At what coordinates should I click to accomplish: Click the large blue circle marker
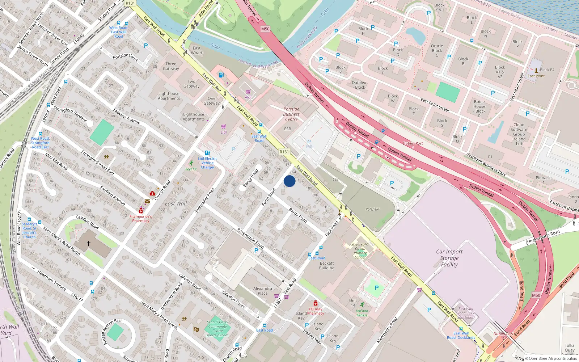289,181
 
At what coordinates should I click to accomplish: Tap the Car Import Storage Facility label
449,258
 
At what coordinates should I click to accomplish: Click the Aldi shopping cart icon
248,92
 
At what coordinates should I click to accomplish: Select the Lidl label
224,132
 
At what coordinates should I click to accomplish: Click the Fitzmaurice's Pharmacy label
141,218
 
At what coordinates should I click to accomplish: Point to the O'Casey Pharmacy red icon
315,303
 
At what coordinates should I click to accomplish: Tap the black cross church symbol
89,244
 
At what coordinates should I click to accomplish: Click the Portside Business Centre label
291,114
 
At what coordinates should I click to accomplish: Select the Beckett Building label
327,266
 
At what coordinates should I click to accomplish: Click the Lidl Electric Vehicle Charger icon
207,153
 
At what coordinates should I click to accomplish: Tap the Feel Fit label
191,169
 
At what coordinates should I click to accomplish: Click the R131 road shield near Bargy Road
284,152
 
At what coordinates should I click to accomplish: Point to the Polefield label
372,209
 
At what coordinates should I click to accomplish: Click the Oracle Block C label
437,50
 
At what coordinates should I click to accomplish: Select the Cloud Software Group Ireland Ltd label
519,134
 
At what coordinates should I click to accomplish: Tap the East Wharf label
197,50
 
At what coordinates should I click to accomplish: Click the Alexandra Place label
263,291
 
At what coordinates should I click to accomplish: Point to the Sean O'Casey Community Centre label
217,328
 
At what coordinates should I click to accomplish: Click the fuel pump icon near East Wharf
221,75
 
